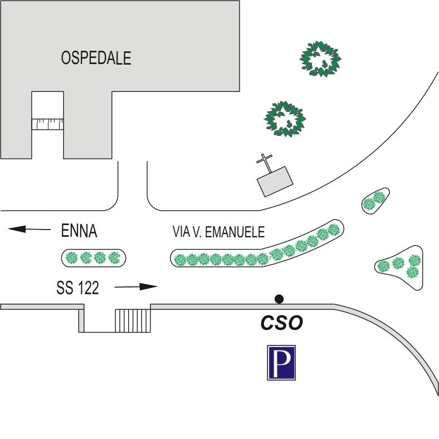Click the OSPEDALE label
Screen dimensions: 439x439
(96, 58)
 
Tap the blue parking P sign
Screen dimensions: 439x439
(281, 363)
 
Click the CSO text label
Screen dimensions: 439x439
(282, 324)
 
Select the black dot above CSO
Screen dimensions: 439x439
(279, 299)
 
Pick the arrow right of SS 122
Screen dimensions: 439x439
(136, 287)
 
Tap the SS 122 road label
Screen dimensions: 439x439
(77, 287)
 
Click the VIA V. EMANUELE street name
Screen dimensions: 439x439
(218, 232)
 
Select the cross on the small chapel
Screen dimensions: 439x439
(265, 162)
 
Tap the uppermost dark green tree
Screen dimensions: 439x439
(320, 58)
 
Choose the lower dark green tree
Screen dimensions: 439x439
(285, 119)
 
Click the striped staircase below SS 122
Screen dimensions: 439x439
(133, 320)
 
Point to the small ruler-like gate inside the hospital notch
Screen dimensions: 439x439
(47, 124)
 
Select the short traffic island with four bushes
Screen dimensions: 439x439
(93, 257)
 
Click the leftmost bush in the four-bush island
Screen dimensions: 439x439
(71, 257)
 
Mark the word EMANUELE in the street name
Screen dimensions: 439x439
(235, 232)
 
